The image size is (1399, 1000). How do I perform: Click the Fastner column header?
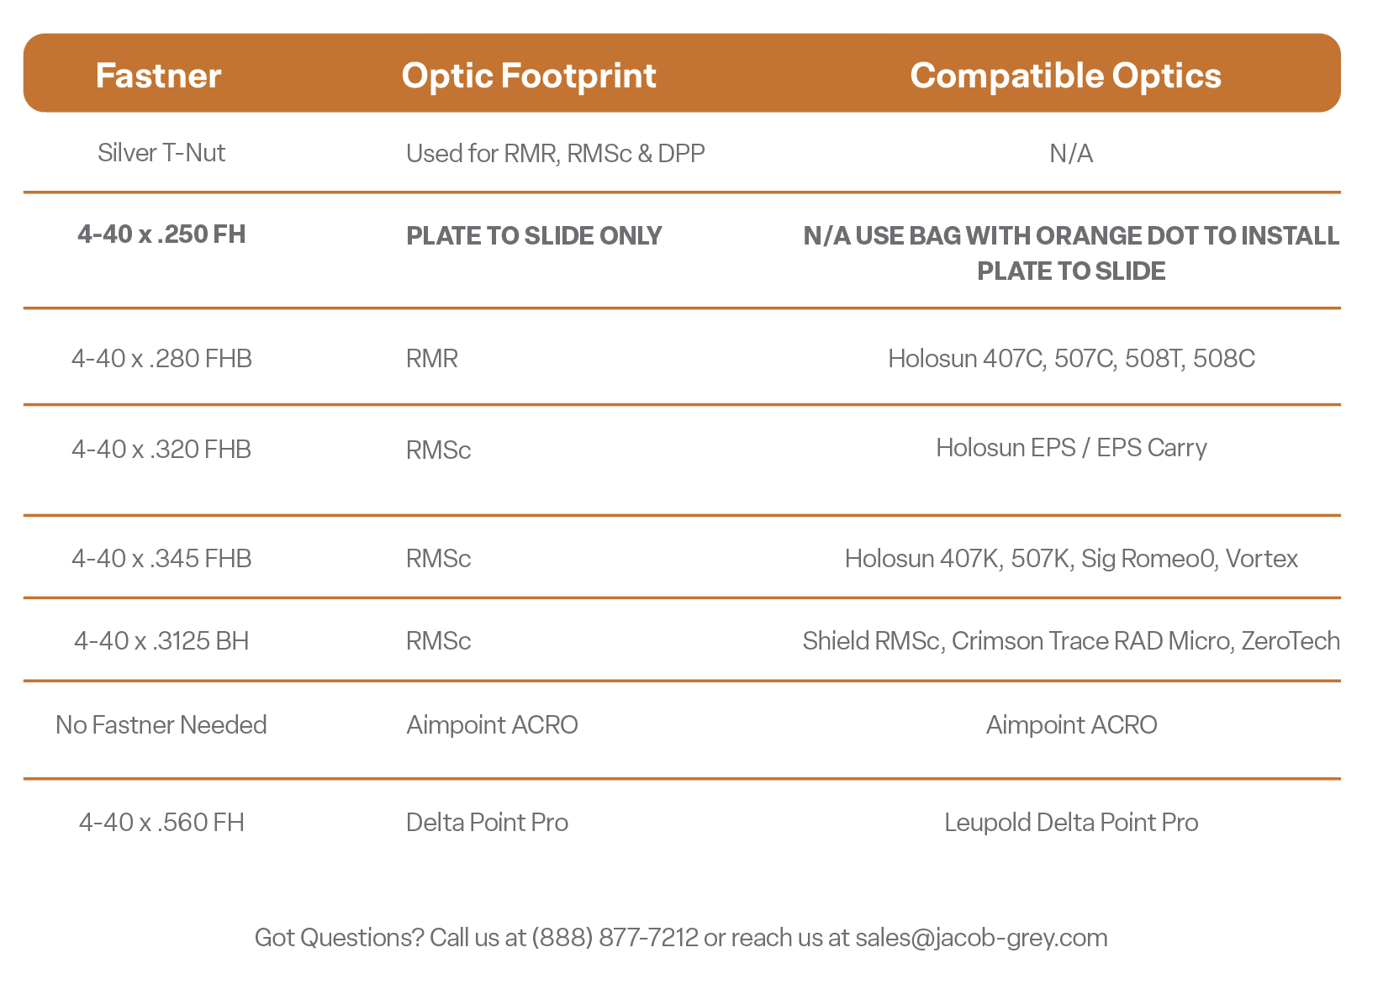159,76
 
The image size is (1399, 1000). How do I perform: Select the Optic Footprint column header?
528,76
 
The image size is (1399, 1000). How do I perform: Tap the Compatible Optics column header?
1065,76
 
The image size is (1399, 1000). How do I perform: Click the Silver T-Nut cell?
161,153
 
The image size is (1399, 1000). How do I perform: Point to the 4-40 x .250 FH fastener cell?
161,234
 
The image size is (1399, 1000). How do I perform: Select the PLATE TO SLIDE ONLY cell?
534,236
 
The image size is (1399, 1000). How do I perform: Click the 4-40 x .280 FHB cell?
161,359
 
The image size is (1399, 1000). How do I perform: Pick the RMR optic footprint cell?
431,359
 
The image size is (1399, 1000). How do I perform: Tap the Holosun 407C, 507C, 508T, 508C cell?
1071,359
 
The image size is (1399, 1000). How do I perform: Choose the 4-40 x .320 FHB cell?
161,450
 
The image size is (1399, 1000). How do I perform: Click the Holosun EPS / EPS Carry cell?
1071,448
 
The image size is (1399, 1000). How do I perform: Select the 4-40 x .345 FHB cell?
161,559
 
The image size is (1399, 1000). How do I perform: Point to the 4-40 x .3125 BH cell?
161,641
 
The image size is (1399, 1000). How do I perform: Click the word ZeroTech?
1291,641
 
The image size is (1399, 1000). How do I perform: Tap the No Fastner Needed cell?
161,725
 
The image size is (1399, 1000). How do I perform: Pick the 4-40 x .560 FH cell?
161,823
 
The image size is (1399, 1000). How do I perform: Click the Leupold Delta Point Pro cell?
1071,823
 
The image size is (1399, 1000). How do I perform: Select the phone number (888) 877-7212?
615,938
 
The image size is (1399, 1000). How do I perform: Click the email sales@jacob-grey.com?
981,938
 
